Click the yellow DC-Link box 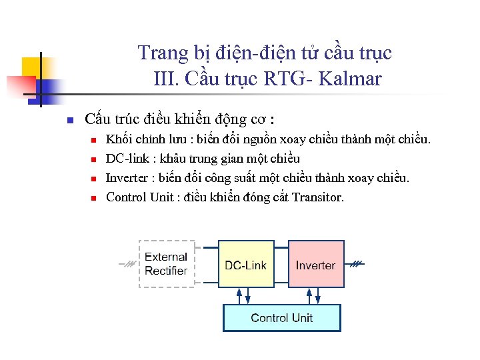click(x=245, y=264)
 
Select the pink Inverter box click(x=316, y=264)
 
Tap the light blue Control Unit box click(x=281, y=318)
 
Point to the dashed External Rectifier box click(x=166, y=264)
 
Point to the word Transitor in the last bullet click(x=318, y=197)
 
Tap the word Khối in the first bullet click(x=118, y=139)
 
